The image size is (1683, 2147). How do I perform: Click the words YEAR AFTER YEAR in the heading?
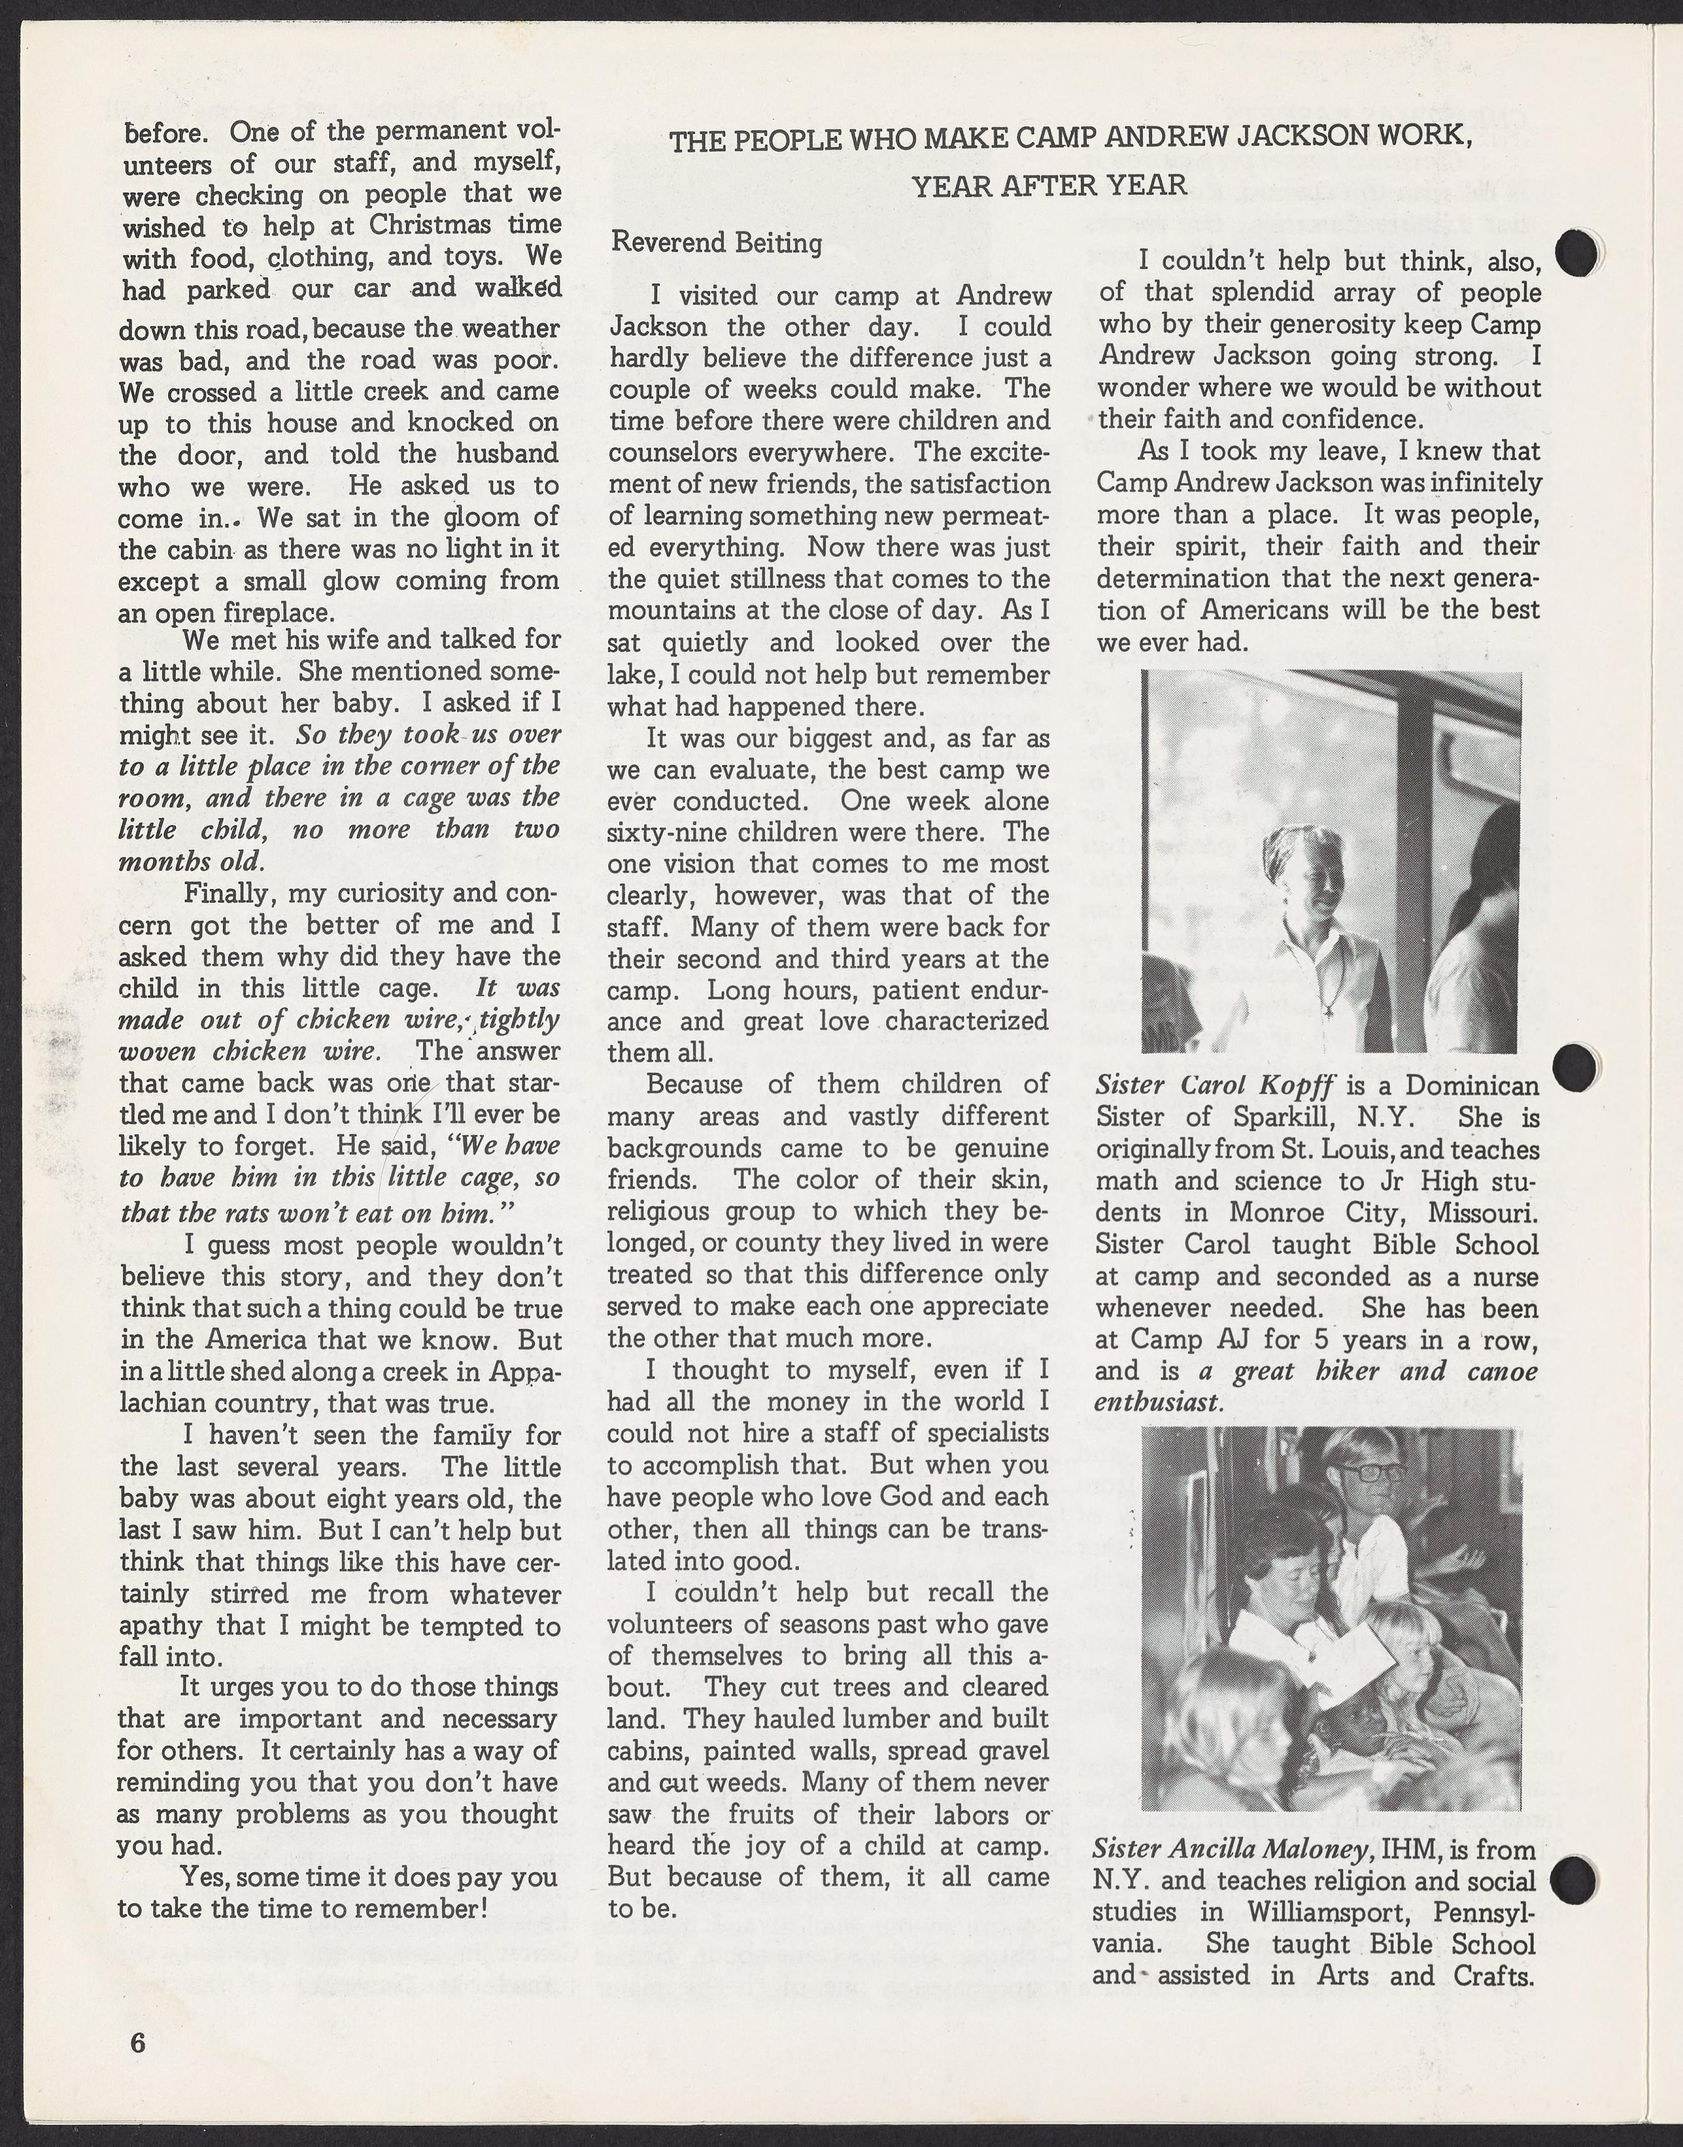[x=1050, y=185]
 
